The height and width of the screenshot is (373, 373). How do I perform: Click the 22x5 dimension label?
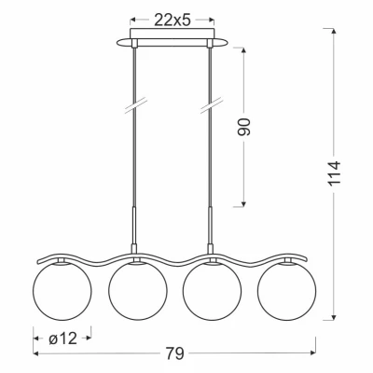pyautogui.click(x=172, y=21)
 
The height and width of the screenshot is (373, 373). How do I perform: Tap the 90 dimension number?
pyautogui.click(x=243, y=127)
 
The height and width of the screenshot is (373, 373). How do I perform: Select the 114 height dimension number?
pyautogui.click(x=335, y=173)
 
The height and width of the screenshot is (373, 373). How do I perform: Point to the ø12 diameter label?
pyautogui.click(x=62, y=338)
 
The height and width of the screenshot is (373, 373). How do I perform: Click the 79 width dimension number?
pyautogui.click(x=175, y=353)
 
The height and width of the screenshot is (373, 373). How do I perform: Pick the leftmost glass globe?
pyautogui.click(x=62, y=291)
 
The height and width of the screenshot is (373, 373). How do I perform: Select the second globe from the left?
pyautogui.click(x=138, y=291)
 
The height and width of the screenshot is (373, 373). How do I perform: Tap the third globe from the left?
pyautogui.click(x=212, y=291)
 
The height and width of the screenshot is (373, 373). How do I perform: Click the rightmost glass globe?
pyautogui.click(x=286, y=291)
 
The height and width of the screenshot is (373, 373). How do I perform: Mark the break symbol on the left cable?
pyautogui.click(x=136, y=105)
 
